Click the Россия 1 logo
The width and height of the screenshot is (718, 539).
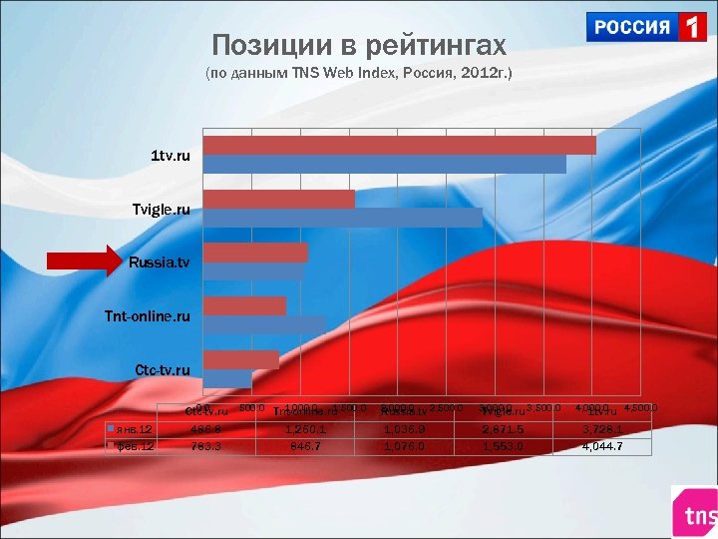[646, 27]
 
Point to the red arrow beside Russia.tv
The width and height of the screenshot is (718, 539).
[85, 263]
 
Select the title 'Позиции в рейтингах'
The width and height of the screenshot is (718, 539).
[359, 46]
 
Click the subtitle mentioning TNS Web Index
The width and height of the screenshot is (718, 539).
[358, 75]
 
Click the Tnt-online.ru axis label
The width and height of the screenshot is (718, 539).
[147, 316]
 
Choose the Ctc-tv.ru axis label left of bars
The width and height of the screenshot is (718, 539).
[162, 370]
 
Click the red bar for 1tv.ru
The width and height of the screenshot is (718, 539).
[399, 146]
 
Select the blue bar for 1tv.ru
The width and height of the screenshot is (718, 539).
[384, 164]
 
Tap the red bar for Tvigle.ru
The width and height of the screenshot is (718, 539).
[278, 199]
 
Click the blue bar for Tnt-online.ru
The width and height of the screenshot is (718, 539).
[264, 324]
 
